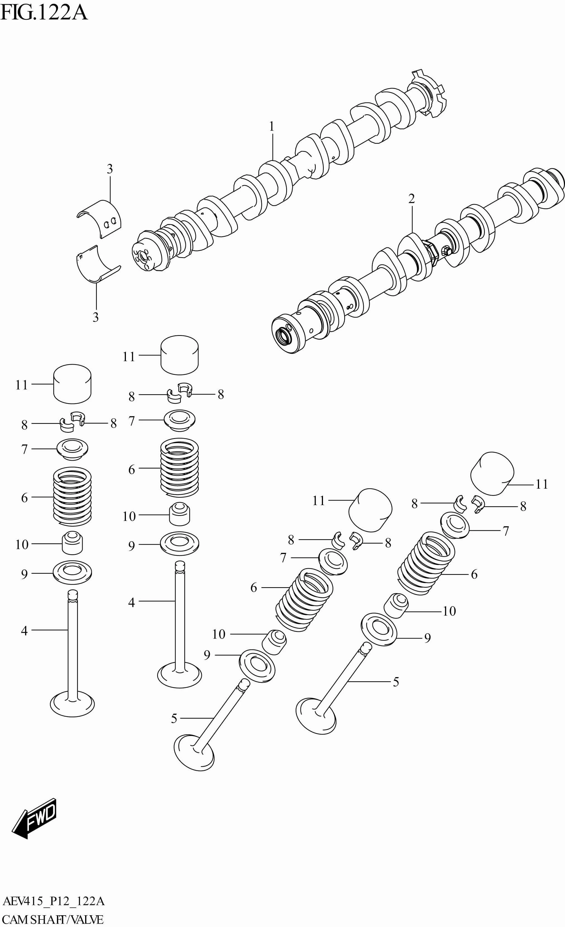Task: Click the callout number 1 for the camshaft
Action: click(x=272, y=127)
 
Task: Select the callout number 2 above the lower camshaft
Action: click(x=411, y=199)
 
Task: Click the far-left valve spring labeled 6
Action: click(x=72, y=497)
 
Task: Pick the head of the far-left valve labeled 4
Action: click(x=72, y=704)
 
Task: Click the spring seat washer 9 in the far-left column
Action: click(x=73, y=573)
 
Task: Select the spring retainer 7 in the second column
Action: click(x=179, y=420)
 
